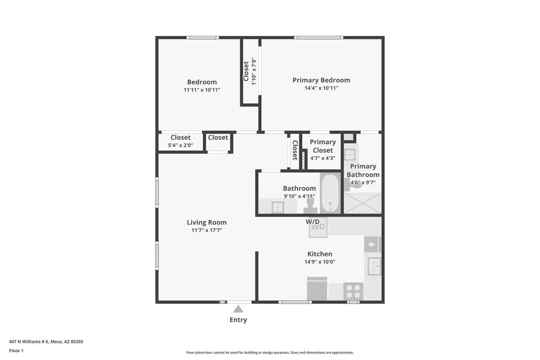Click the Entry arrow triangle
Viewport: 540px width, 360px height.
coord(238,309)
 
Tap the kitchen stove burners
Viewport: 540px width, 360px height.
coord(353,291)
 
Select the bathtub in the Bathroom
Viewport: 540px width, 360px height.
coord(330,193)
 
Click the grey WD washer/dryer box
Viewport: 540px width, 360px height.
coord(318,227)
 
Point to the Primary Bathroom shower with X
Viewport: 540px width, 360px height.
coord(362,203)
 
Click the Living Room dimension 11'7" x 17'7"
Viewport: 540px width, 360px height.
coord(207,230)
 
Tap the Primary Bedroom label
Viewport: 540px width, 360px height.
coord(321,80)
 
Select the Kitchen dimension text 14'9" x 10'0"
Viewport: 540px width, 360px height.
coord(320,262)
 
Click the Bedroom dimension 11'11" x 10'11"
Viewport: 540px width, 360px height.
coord(202,90)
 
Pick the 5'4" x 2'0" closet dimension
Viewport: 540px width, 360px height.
coord(180,145)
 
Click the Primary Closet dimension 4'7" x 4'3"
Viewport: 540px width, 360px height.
coord(323,158)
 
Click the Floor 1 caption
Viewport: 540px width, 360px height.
coord(16,350)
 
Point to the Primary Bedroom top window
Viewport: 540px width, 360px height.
coord(319,37)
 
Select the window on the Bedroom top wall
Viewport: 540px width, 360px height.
coord(203,37)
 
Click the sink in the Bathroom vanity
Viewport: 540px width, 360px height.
coord(278,208)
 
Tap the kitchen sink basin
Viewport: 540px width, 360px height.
coord(374,266)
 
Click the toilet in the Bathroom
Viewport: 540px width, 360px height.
coord(310,205)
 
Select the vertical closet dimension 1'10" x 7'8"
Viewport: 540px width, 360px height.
coord(254,71)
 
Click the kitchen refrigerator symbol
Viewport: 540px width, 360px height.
coord(317,289)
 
